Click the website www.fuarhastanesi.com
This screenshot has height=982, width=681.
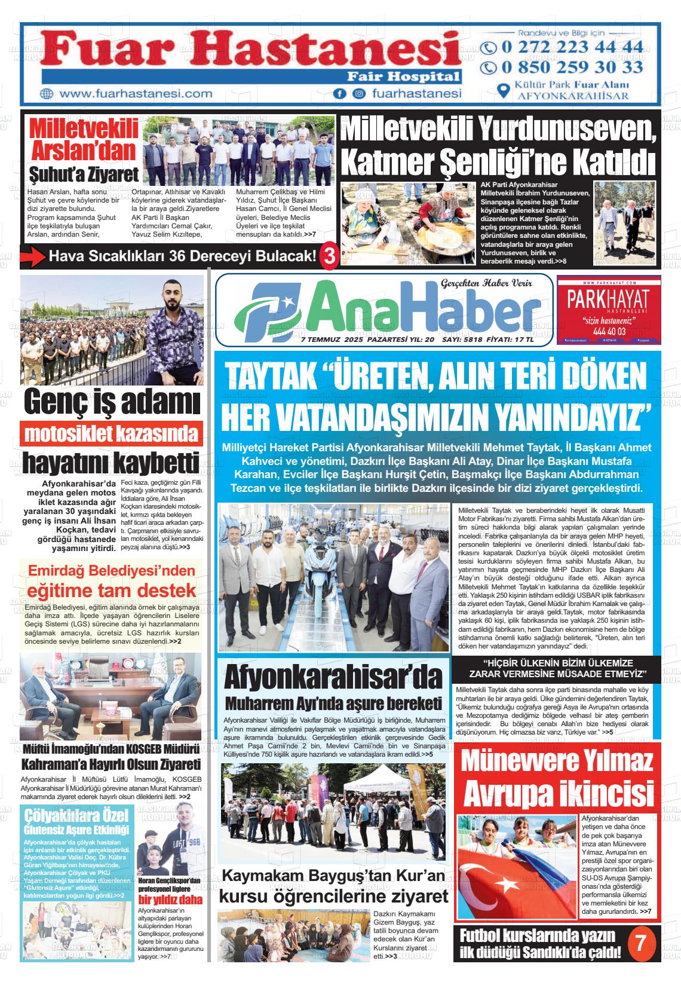(x=136, y=94)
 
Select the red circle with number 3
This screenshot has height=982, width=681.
(x=329, y=256)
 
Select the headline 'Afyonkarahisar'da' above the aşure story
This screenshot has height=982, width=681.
(x=333, y=678)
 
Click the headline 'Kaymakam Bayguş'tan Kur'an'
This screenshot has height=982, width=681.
(x=333, y=876)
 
